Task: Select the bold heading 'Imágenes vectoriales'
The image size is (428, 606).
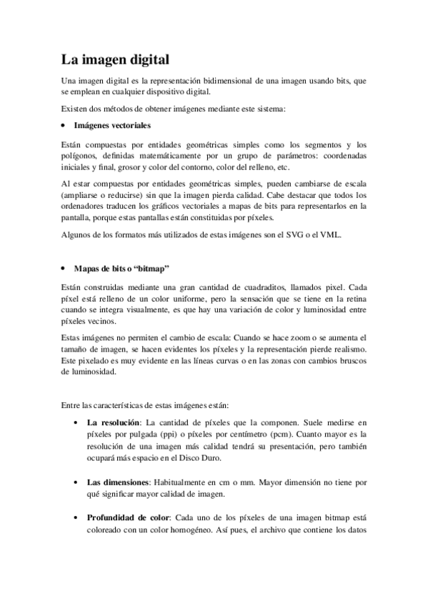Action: coord(112,126)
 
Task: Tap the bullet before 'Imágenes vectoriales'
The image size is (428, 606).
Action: coord(64,126)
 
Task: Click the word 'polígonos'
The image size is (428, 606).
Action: coord(79,155)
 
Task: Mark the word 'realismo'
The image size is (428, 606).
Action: coord(346,349)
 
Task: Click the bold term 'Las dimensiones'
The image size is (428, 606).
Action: coord(116,482)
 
